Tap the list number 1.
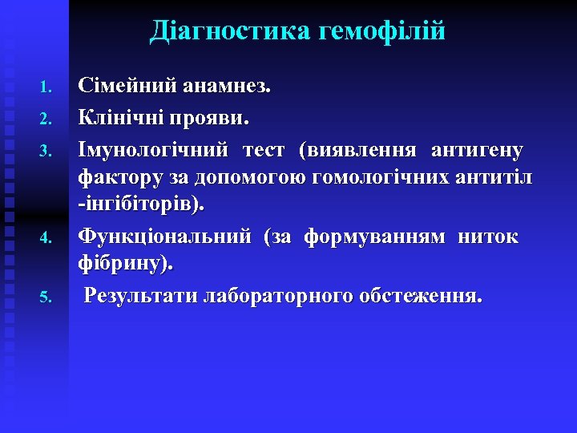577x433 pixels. pyautogui.click(x=46, y=87)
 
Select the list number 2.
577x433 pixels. pyautogui.click(x=46, y=120)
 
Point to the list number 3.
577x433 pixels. pyautogui.click(x=46, y=150)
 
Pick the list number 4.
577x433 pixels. pyautogui.click(x=46, y=238)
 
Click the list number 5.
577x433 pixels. pyautogui.click(x=46, y=297)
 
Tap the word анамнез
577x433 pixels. pyautogui.click(x=227, y=87)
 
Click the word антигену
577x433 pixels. pyautogui.click(x=477, y=149)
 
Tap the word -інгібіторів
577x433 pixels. pyautogui.click(x=141, y=206)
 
